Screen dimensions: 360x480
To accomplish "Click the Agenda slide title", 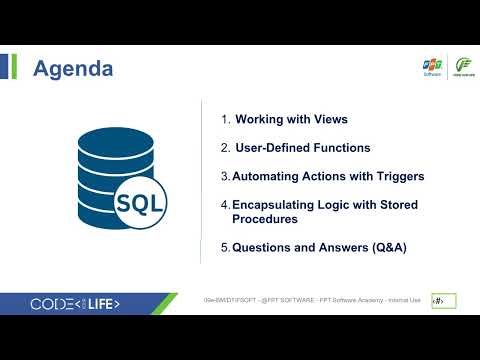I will coord(73,69).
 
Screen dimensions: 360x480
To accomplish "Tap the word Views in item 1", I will coord(330,119).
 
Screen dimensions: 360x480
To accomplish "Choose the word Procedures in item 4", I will coord(265,218).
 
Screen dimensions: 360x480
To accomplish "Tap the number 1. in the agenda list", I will coord(226,119).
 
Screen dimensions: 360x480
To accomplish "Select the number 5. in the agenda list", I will coord(226,247).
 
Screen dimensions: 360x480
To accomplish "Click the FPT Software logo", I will coord(432,67).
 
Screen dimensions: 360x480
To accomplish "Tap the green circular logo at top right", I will coord(463,67).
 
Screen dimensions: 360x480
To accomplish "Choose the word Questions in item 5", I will coord(262,247).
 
